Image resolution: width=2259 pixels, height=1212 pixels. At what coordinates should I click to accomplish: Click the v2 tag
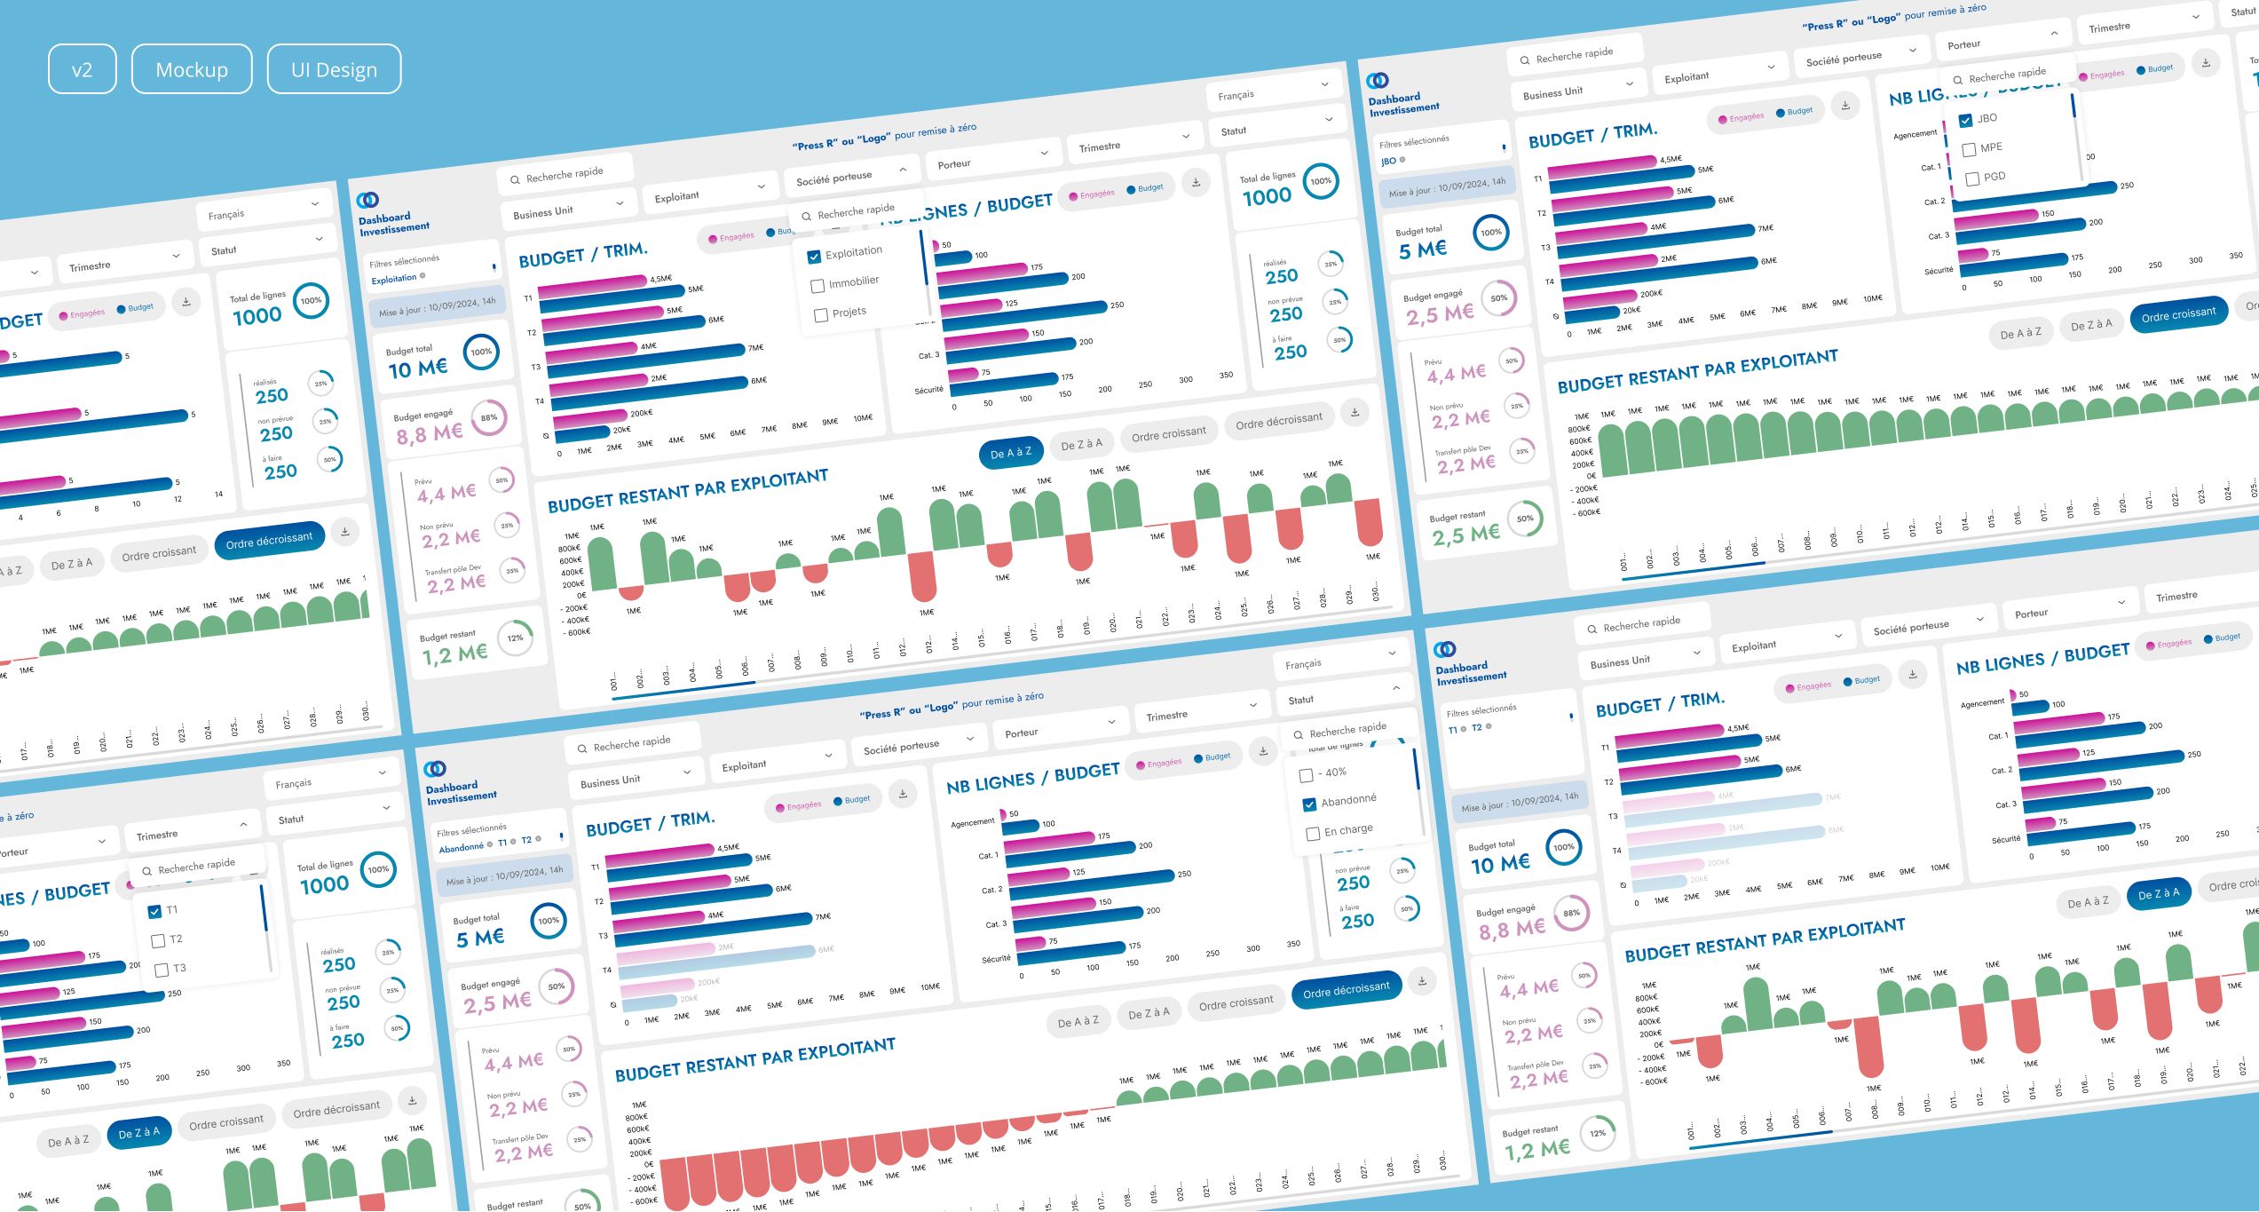click(x=82, y=69)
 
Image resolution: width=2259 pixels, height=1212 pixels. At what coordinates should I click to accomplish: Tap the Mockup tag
click(x=192, y=69)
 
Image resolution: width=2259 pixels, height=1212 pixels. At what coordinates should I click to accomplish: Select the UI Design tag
click(x=334, y=69)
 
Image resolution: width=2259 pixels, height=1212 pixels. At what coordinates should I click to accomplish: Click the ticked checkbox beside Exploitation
click(x=814, y=257)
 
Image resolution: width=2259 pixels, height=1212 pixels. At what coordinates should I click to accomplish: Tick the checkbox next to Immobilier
click(x=818, y=286)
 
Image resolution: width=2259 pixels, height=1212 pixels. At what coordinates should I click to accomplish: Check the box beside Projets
click(x=821, y=315)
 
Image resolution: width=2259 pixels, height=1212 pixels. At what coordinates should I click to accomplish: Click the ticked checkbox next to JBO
click(x=1965, y=120)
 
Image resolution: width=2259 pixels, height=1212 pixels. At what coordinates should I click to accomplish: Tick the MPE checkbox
click(x=1969, y=149)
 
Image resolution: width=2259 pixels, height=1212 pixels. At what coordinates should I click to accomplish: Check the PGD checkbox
click(x=1972, y=178)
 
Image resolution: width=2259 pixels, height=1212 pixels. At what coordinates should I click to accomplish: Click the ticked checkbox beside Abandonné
click(x=1309, y=804)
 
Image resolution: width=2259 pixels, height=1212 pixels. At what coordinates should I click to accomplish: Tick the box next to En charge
click(x=1313, y=834)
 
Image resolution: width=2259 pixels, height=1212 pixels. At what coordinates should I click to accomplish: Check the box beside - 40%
click(x=1306, y=775)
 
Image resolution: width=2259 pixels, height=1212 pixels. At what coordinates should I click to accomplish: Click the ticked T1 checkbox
click(x=154, y=912)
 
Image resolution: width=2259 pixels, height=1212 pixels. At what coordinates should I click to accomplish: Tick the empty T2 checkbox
click(x=158, y=941)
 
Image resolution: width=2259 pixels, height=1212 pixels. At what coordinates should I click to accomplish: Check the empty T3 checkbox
click(x=162, y=970)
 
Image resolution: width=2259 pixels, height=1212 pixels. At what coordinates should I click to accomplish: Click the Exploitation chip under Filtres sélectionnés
click(x=394, y=279)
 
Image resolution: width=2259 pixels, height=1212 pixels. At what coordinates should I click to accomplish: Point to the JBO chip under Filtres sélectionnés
click(x=1389, y=162)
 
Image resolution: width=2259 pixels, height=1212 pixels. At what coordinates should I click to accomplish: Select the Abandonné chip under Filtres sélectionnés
click(x=462, y=848)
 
